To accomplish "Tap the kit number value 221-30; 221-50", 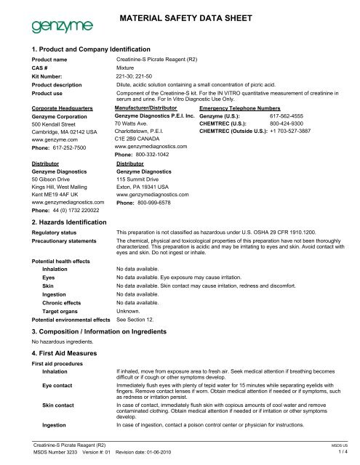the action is pos(137,75).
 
